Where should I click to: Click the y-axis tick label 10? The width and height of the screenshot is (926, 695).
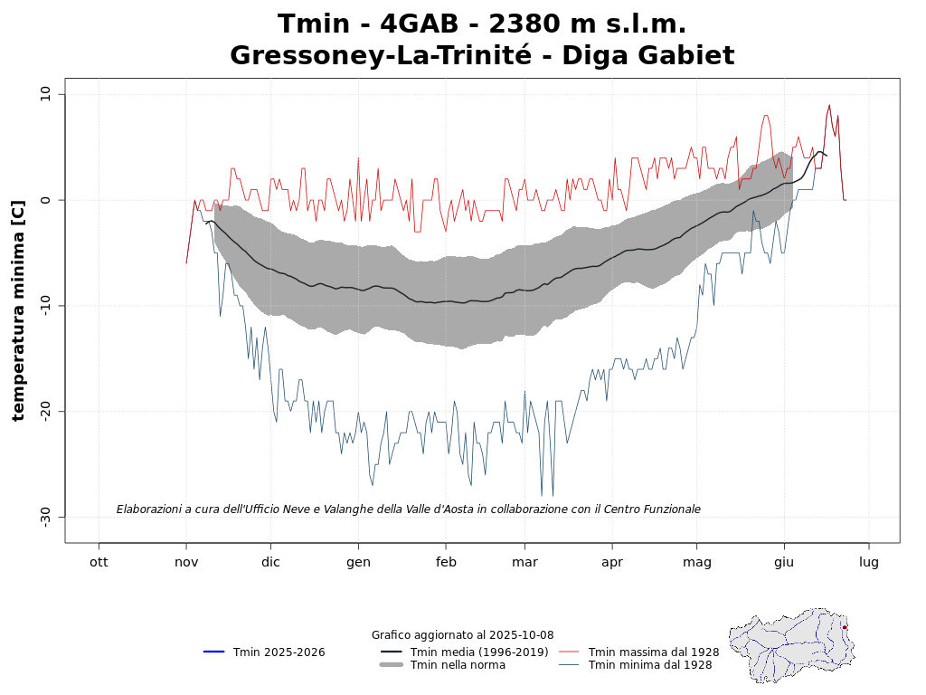(45, 94)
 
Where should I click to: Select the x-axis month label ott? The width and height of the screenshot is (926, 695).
(99, 561)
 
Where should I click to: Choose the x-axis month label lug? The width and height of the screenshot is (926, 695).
(869, 561)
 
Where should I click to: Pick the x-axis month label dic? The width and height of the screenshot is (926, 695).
(269, 561)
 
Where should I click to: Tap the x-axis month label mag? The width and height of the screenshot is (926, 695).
(697, 561)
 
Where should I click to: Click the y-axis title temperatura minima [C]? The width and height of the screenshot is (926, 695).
(18, 298)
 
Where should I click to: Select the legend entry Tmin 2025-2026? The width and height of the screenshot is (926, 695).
(279, 652)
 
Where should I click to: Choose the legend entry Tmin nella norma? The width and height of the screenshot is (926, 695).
(458, 665)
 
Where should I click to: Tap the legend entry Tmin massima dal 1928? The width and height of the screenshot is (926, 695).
(654, 652)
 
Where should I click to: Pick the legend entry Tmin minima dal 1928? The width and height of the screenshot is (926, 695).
(650, 665)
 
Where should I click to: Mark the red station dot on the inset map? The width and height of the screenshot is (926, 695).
(845, 627)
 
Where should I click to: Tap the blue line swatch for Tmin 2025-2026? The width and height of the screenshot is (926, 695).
(214, 652)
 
